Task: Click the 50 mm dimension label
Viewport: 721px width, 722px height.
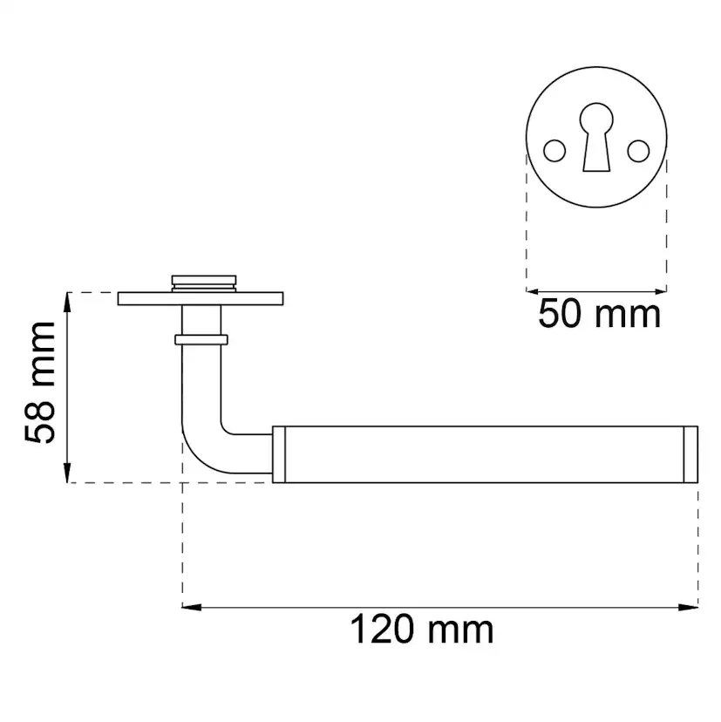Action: point(599,314)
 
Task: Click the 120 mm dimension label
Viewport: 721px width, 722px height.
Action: point(421,630)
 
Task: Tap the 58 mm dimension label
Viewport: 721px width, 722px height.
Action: point(40,383)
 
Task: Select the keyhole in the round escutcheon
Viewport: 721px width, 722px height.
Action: point(596,137)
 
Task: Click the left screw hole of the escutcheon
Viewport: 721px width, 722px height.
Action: point(554,151)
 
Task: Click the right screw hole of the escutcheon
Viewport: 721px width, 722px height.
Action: point(638,151)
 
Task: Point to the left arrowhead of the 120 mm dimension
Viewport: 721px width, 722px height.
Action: point(192,608)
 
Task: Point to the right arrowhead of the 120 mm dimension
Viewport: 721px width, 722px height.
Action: point(689,608)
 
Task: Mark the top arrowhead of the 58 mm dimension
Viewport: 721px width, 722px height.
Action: point(67,302)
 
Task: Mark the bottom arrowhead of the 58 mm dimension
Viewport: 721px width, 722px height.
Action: point(67,473)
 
